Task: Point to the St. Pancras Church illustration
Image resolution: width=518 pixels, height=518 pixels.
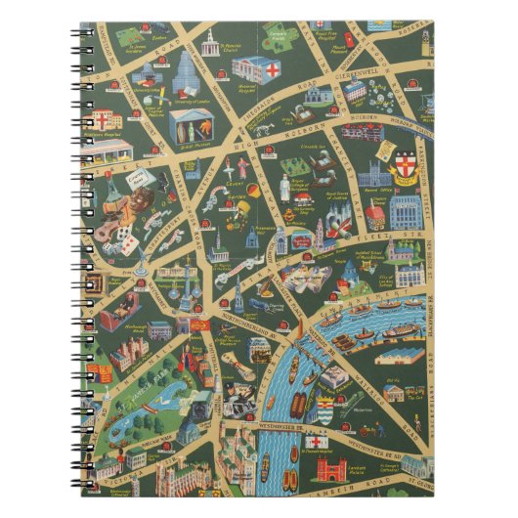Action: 207,41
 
